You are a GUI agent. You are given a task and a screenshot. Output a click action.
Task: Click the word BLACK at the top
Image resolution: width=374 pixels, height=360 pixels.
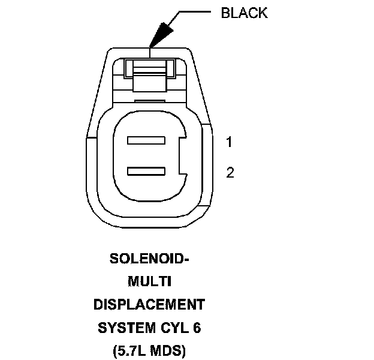[244, 13]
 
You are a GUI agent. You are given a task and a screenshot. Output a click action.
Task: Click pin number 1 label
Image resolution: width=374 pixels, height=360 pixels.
[230, 142]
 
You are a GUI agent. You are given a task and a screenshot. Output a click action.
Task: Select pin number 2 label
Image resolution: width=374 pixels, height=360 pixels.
[230, 173]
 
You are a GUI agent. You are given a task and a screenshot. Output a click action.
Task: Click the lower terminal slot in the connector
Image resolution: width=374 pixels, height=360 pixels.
[146, 172]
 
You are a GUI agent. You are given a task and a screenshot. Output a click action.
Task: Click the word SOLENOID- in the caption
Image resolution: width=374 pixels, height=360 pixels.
[149, 259]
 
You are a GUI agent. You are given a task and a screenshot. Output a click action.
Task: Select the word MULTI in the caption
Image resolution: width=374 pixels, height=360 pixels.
[149, 282]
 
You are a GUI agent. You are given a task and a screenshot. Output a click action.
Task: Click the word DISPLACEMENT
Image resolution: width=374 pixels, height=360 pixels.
[149, 305]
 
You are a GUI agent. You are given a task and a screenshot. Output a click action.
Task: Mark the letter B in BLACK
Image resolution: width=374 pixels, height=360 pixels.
[226, 13]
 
